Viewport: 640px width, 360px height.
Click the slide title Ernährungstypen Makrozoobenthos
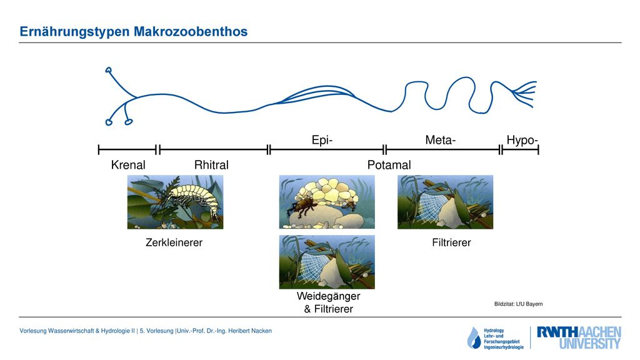[134, 32]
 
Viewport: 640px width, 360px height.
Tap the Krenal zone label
[128, 165]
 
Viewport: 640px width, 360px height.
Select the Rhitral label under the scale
[211, 165]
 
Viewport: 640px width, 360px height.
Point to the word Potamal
[389, 165]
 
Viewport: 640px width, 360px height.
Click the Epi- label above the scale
[322, 140]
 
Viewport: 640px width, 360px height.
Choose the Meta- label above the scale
[441, 140]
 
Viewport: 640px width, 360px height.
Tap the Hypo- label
[522, 140]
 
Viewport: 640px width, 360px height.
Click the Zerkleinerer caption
[174, 242]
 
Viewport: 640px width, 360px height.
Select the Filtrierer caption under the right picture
[451, 242]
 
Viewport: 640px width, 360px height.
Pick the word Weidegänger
[329, 296]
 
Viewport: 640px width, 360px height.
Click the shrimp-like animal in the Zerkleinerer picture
[192, 198]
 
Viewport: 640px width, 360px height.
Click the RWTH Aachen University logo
[579, 337]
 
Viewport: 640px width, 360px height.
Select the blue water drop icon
[474, 338]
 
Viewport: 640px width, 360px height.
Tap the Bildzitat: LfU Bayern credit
[518, 304]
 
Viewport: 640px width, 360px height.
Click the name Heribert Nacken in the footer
[250, 331]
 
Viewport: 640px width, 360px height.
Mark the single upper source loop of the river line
[109, 70]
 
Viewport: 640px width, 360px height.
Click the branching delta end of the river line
[525, 94]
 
